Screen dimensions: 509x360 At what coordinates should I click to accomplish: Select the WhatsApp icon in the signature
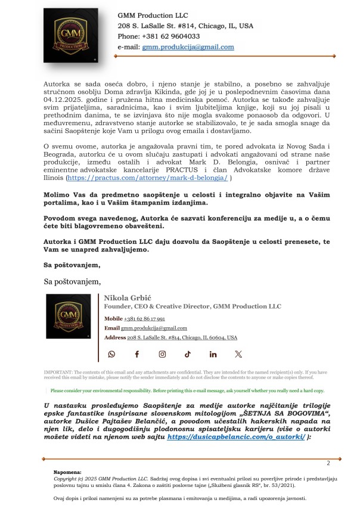[x=111, y=354]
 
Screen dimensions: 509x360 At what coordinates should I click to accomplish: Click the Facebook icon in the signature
[x=136, y=354]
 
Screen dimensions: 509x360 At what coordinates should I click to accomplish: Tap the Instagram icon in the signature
[x=162, y=354]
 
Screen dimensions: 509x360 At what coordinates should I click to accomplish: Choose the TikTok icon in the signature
[x=188, y=354]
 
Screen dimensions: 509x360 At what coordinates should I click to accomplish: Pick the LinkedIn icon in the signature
[x=213, y=354]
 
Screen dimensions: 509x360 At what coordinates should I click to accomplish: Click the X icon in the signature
[x=238, y=354]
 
